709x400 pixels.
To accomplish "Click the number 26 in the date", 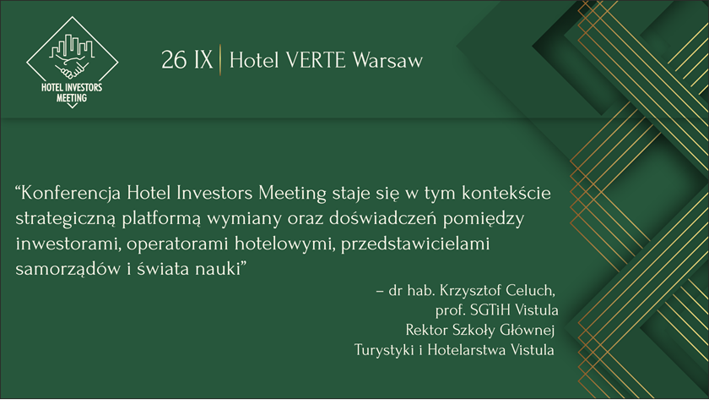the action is [x=174, y=60].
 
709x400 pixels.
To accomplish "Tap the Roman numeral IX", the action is [x=203, y=60].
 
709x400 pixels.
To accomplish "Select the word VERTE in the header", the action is [x=316, y=60].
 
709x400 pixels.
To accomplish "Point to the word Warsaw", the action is [x=387, y=61].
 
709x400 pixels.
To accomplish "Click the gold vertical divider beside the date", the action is [x=220, y=60].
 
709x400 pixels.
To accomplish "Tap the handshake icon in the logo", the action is [x=72, y=69].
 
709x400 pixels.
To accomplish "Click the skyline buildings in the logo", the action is [x=73, y=47].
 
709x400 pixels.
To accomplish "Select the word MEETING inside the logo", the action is [x=72, y=98].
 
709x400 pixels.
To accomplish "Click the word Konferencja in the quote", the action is [x=71, y=194].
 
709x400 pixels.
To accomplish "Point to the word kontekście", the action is [x=506, y=193].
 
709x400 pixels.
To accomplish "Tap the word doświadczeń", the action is [x=382, y=218].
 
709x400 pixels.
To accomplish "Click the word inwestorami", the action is [x=68, y=244].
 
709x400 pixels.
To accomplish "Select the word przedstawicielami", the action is [x=415, y=244].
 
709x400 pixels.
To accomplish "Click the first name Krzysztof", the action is [x=470, y=290].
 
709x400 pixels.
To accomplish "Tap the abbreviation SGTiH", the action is [x=490, y=310].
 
